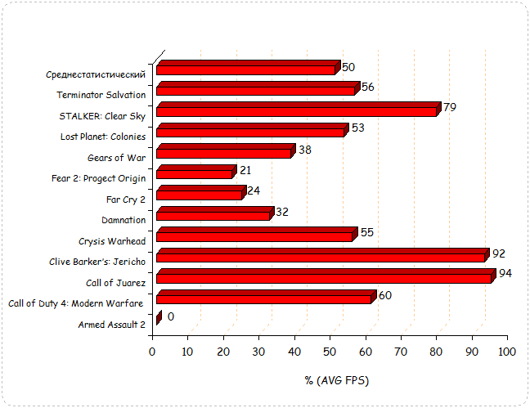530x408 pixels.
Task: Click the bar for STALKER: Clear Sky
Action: pyautogui.click(x=296, y=110)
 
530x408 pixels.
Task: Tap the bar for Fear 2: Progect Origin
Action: pyautogui.click(x=194, y=173)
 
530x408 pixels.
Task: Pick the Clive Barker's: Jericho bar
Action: pyautogui.click(x=321, y=257)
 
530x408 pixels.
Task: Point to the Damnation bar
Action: pyautogui.click(x=212, y=214)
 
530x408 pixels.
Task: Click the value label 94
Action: pyautogui.click(x=505, y=273)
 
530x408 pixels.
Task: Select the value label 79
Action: pyautogui.click(x=449, y=107)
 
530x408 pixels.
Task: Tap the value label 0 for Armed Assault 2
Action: pyautogui.click(x=170, y=316)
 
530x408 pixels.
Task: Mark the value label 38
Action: pyautogui.click(x=305, y=150)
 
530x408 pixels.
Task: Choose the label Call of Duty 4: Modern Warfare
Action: pyautogui.click(x=76, y=303)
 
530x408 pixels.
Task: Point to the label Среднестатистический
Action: pyautogui.click(x=96, y=74)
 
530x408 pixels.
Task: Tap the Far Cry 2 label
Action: pyautogui.click(x=126, y=199)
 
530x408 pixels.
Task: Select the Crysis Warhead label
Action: pyautogui.click(x=112, y=240)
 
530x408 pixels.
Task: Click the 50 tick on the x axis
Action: pyautogui.click(x=330, y=352)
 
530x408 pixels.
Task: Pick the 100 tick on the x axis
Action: pyautogui.click(x=507, y=352)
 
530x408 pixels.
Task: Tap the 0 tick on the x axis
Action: pyautogui.click(x=152, y=352)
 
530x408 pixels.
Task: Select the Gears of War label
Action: pyautogui.click(x=116, y=157)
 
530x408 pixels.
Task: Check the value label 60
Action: pyautogui.click(x=385, y=295)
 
